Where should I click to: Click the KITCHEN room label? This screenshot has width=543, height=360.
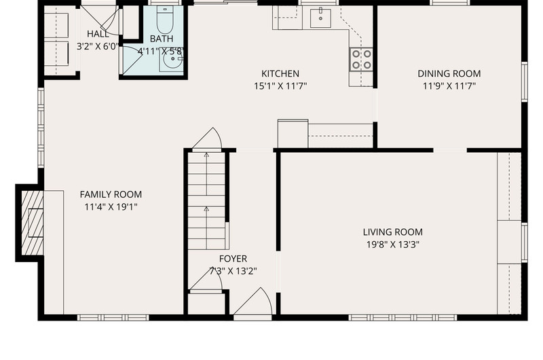pos(280,73)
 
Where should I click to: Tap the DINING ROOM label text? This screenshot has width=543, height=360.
pos(449,73)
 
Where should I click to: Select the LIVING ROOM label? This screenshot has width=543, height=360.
pos(393,232)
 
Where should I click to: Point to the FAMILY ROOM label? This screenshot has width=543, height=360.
pos(111,194)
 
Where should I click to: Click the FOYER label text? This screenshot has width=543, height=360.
pos(233,259)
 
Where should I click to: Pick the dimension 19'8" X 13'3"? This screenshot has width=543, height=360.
pos(393,245)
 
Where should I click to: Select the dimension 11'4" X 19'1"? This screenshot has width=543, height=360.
pos(111,207)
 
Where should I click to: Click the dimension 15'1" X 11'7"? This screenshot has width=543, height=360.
pos(280,86)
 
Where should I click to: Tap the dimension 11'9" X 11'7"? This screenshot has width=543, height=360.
pos(449,86)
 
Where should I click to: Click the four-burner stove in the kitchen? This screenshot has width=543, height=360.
pos(361,59)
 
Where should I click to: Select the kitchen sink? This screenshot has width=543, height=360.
pos(320,18)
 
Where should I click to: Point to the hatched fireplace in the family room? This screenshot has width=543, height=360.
pos(33,222)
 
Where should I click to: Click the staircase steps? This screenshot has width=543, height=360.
pos(206,200)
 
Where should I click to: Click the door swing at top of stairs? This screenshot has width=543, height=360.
pos(207,139)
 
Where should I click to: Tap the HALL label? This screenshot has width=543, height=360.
pos(98,34)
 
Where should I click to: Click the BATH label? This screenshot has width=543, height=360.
pos(162,39)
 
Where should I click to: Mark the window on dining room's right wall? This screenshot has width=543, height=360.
pos(524,82)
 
